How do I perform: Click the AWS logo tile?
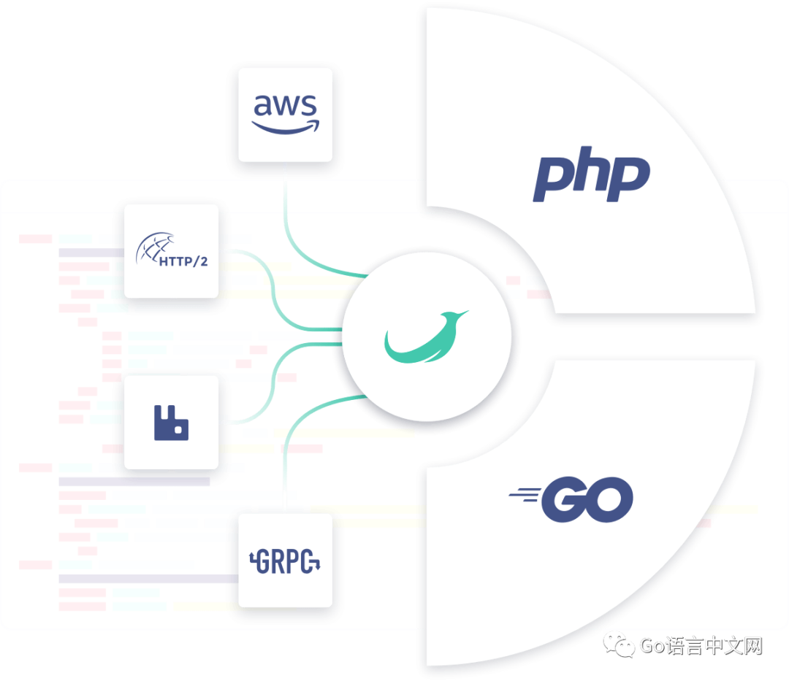pos(285,120)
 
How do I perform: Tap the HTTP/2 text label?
pos(183,261)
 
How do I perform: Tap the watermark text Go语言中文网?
pos(700,646)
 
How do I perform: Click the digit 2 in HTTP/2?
pos(202,261)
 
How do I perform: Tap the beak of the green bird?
pos(463,315)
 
